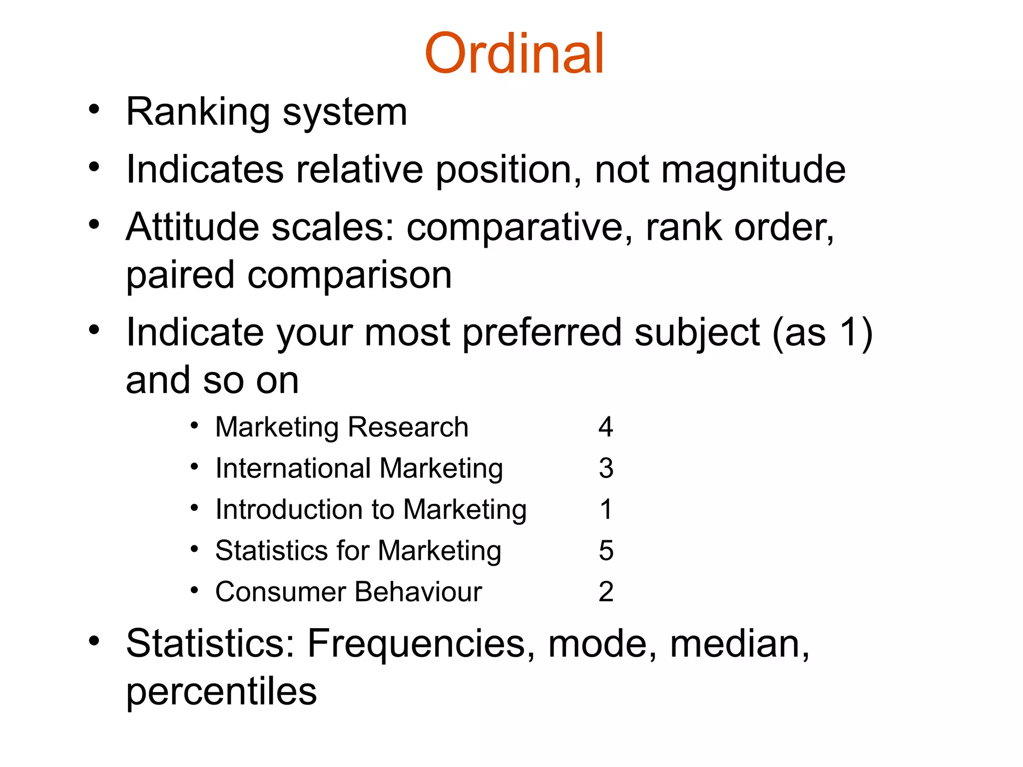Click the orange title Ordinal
coord(514,54)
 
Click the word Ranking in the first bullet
coord(198,112)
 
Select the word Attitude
coord(192,227)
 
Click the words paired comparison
coord(289,275)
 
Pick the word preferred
coord(542,333)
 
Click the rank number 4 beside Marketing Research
coord(605,427)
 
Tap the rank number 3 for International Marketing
coord(606,468)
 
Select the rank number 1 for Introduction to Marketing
coord(606,510)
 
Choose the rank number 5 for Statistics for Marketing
coord(606,551)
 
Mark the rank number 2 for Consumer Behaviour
coord(606,592)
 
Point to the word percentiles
coord(221,692)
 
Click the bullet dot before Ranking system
coord(94,109)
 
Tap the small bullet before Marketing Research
coord(195,426)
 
